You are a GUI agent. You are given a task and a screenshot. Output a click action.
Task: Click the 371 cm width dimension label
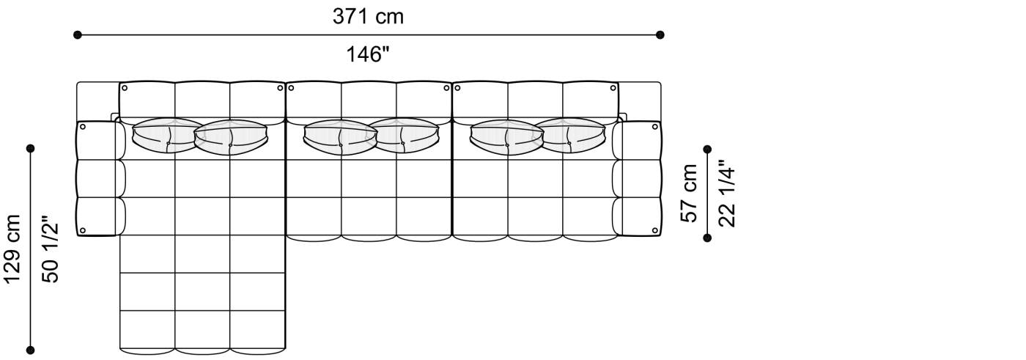click(x=368, y=16)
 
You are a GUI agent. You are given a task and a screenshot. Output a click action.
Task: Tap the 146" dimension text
click(x=368, y=54)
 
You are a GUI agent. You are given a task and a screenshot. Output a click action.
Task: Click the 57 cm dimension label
click(x=690, y=193)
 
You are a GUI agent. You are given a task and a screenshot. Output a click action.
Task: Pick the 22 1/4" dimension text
click(x=726, y=193)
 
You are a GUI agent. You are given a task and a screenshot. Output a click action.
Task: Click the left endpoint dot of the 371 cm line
click(x=78, y=34)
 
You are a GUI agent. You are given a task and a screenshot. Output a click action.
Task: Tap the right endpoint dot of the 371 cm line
click(x=660, y=34)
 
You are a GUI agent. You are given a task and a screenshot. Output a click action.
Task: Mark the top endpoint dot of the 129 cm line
click(x=31, y=149)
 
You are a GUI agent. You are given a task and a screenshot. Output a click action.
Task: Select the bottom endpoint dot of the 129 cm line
click(x=31, y=350)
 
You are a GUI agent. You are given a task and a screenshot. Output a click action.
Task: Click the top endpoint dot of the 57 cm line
click(x=707, y=149)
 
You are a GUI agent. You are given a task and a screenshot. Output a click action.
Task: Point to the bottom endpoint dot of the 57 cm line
click(x=707, y=237)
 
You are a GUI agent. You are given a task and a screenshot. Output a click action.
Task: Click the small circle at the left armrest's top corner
click(x=83, y=127)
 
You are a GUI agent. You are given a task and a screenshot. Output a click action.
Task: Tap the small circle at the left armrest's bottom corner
click(x=83, y=230)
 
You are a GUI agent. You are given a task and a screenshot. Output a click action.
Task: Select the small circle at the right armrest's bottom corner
click(x=652, y=230)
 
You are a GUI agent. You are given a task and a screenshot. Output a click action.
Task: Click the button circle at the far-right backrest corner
click(x=613, y=88)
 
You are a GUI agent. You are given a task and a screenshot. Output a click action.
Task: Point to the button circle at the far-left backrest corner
click(x=125, y=88)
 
